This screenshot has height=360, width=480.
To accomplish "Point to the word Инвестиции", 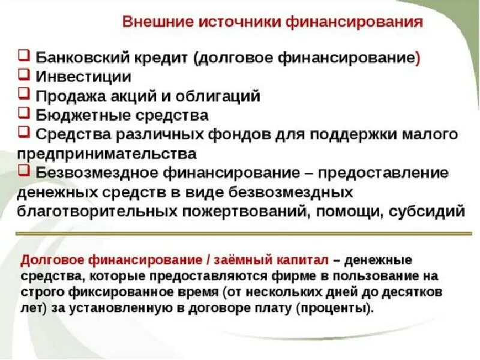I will point(83,77).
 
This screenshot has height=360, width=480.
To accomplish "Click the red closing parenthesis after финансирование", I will point(418,58).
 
